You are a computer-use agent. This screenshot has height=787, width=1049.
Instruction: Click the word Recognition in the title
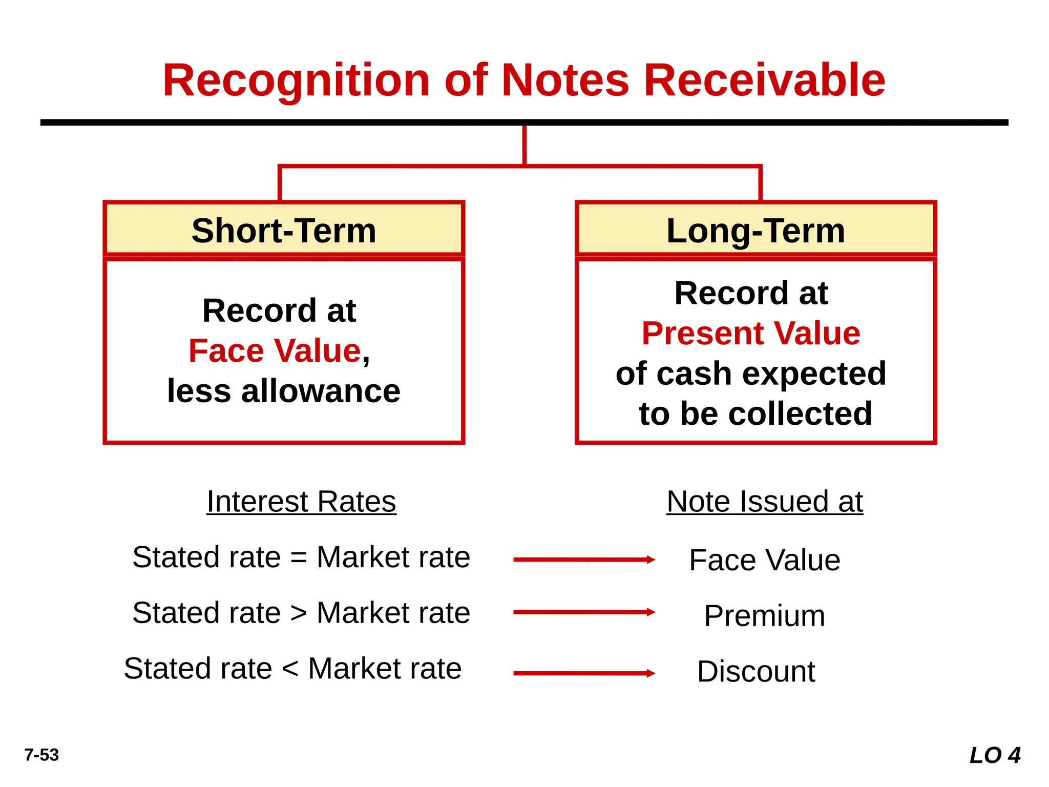coord(296,80)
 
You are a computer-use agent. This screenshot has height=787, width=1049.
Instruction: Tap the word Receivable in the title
coord(764,80)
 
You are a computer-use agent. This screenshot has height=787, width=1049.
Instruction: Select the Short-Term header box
coord(284,230)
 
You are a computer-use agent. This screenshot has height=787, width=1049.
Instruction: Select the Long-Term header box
coord(756,230)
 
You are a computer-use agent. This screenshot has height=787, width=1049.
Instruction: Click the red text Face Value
coord(275,351)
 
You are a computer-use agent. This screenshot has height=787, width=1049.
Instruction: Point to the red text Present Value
coord(751,334)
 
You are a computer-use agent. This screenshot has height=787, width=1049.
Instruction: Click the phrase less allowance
coord(284,391)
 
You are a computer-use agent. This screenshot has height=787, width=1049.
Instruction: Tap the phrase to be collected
coord(756,413)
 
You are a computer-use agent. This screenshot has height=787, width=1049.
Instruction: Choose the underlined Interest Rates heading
coord(301,501)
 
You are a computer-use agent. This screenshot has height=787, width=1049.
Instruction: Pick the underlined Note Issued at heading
coord(765,501)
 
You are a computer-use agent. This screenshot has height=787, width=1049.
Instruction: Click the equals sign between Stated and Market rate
coord(299,557)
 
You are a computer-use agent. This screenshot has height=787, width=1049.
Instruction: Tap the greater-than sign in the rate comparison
coord(299,613)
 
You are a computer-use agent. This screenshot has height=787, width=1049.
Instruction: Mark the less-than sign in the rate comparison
coord(290,669)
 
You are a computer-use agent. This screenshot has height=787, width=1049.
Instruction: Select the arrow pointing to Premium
coord(584,612)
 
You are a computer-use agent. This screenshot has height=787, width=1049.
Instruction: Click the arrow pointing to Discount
coord(584,673)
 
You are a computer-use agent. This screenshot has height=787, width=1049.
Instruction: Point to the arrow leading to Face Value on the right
coord(584,560)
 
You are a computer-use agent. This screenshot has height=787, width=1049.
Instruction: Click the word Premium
coord(764,615)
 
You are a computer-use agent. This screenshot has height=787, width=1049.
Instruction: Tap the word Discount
coord(756,671)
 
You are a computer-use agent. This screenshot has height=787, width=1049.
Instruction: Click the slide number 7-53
coord(41,755)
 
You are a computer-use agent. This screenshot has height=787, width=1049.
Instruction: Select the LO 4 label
coord(995,755)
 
